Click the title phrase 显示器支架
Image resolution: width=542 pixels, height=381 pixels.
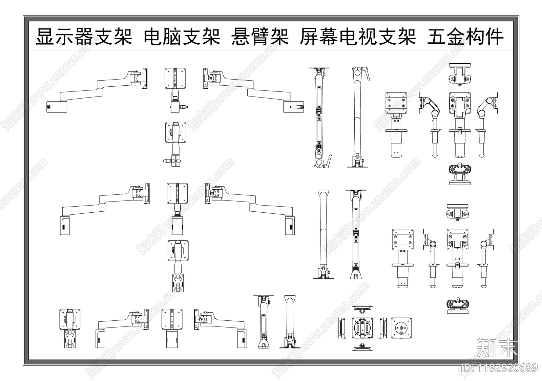pos(84,37)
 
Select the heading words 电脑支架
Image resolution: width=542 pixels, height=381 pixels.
pos(182,37)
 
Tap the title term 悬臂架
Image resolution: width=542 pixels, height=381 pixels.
pos(260,37)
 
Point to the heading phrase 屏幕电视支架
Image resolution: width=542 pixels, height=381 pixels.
pos(358,37)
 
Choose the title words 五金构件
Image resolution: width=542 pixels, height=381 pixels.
pos(465,37)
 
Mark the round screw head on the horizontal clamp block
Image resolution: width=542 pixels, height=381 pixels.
pos(49,107)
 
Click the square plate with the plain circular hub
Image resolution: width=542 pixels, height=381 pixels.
pos(401,328)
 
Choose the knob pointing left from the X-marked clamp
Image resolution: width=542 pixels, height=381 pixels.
pos(167,161)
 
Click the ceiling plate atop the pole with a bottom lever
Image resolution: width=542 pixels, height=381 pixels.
pos(319,69)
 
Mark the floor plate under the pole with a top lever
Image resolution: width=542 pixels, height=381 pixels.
pos(358,166)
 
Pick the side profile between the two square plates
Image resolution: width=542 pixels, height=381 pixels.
pos(383,328)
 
